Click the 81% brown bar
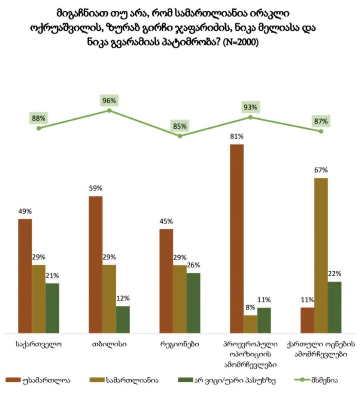tap(237, 239)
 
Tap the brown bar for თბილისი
tap(96, 265)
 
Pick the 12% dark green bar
tap(123, 320)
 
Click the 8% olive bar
tap(250, 324)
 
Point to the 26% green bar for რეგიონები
tap(193, 303)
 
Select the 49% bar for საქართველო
tap(25, 276)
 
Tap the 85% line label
tap(180, 125)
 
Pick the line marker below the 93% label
tap(250, 117)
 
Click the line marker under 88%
tap(39, 128)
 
